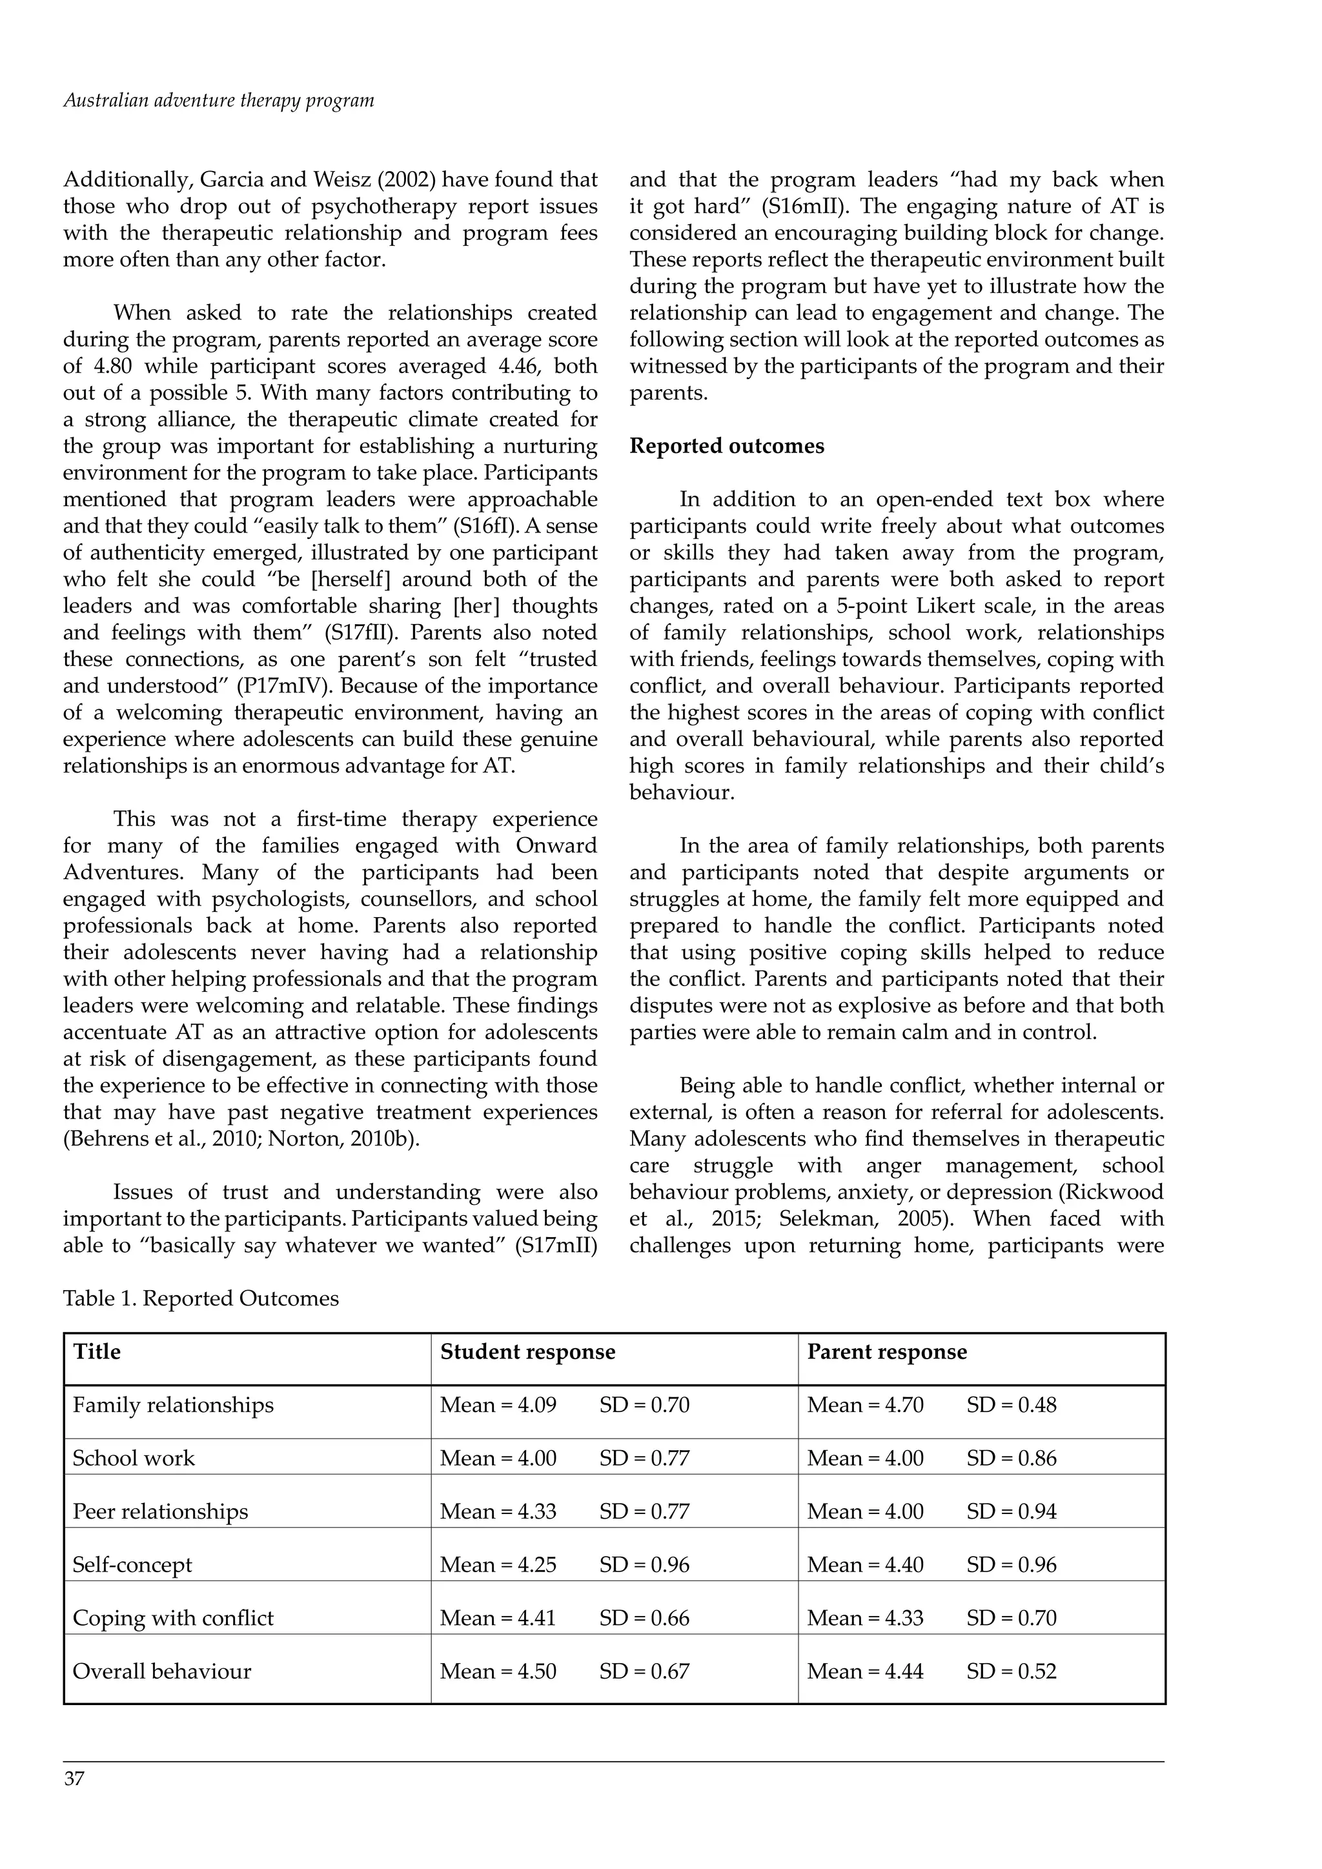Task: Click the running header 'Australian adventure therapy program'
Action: (218, 101)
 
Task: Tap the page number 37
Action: (74, 1801)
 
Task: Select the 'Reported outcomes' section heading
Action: (726, 446)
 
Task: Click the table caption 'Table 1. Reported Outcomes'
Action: (200, 1298)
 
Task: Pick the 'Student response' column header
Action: (527, 1352)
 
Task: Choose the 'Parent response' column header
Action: (886, 1352)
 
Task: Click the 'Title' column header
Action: (97, 1352)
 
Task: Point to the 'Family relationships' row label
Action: (172, 1405)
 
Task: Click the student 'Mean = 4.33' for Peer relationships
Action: (498, 1511)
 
